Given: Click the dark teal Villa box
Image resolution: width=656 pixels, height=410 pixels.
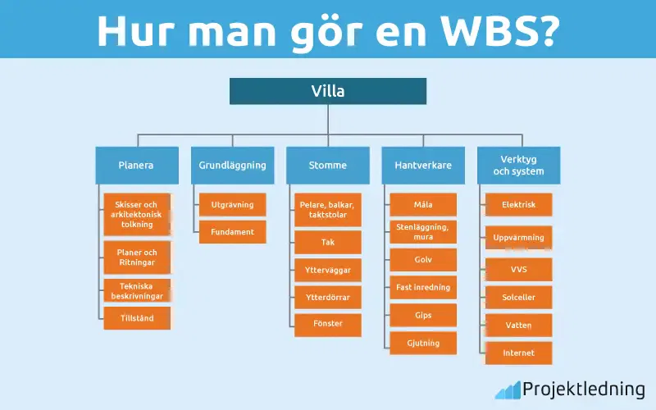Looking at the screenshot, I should pyautogui.click(x=328, y=91).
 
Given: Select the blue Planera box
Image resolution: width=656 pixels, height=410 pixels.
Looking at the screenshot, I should pyautogui.click(x=136, y=165).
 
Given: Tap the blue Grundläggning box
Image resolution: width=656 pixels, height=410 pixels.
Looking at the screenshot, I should pyautogui.click(x=232, y=165).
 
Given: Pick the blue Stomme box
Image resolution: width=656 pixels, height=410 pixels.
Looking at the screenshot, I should pyautogui.click(x=328, y=165).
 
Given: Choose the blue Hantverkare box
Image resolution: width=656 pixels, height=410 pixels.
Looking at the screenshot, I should pyautogui.click(x=423, y=165).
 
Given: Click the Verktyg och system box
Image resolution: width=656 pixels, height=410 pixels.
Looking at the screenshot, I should pyautogui.click(x=519, y=165).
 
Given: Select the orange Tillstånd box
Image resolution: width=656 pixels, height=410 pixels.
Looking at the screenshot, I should pyautogui.click(x=137, y=318).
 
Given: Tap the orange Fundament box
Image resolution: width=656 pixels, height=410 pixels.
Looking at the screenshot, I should pyautogui.click(x=232, y=232).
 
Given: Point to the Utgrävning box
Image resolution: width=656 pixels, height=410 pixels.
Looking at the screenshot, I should pyautogui.click(x=232, y=204).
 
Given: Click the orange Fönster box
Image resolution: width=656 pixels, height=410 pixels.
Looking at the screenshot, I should pyautogui.click(x=328, y=324).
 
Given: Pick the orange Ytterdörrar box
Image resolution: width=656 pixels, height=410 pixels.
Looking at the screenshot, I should pyautogui.click(x=328, y=297).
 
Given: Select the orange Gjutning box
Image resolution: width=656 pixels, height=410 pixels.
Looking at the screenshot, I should pyautogui.click(x=423, y=343).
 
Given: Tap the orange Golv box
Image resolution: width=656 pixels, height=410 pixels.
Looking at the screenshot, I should pyautogui.click(x=423, y=260).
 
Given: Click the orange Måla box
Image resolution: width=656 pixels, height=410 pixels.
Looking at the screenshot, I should pyautogui.click(x=423, y=204).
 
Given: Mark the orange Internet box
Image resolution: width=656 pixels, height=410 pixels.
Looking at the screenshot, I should pyautogui.click(x=519, y=353).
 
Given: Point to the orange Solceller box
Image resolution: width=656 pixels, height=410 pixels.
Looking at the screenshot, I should pyautogui.click(x=519, y=297).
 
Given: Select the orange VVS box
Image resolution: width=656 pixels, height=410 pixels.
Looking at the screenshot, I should pyautogui.click(x=519, y=269).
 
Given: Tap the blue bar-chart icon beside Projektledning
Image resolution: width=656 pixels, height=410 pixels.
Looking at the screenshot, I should pyautogui.click(x=508, y=389).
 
